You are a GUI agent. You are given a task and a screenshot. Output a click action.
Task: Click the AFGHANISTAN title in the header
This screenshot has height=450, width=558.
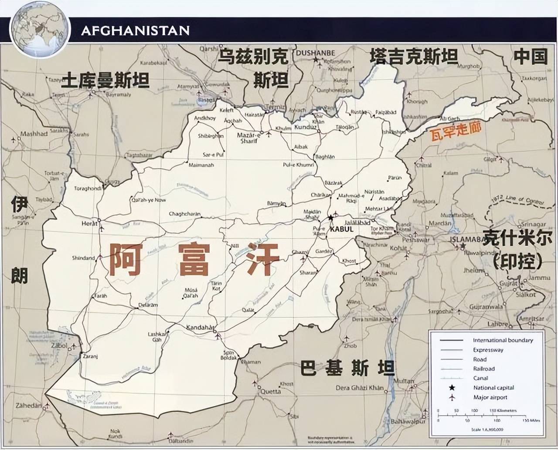(x=135, y=30)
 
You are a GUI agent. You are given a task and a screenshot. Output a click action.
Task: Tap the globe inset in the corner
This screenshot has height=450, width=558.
(x=40, y=30)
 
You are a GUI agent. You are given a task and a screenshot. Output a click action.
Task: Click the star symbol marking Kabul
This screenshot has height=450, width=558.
(x=331, y=218)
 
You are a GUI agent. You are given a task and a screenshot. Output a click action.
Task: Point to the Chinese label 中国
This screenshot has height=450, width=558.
(x=530, y=57)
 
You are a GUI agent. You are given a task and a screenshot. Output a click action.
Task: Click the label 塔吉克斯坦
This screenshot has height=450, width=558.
(x=414, y=57)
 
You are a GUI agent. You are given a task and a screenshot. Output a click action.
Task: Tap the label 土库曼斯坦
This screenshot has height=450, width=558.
(x=105, y=80)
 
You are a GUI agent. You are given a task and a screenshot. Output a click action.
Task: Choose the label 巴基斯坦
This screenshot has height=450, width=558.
(x=347, y=369)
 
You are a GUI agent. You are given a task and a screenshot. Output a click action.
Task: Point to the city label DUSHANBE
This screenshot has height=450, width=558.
(x=316, y=53)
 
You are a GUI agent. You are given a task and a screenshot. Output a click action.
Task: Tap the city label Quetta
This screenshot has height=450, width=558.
(x=270, y=391)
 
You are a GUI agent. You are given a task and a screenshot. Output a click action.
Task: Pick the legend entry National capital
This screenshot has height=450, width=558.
(x=493, y=387)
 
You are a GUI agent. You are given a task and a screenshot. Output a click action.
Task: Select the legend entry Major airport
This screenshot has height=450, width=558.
(x=490, y=397)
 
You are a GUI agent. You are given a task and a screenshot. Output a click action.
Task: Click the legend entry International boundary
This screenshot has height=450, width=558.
(x=503, y=340)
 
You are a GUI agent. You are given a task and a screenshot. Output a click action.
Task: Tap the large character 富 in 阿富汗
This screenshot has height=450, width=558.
(x=194, y=260)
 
